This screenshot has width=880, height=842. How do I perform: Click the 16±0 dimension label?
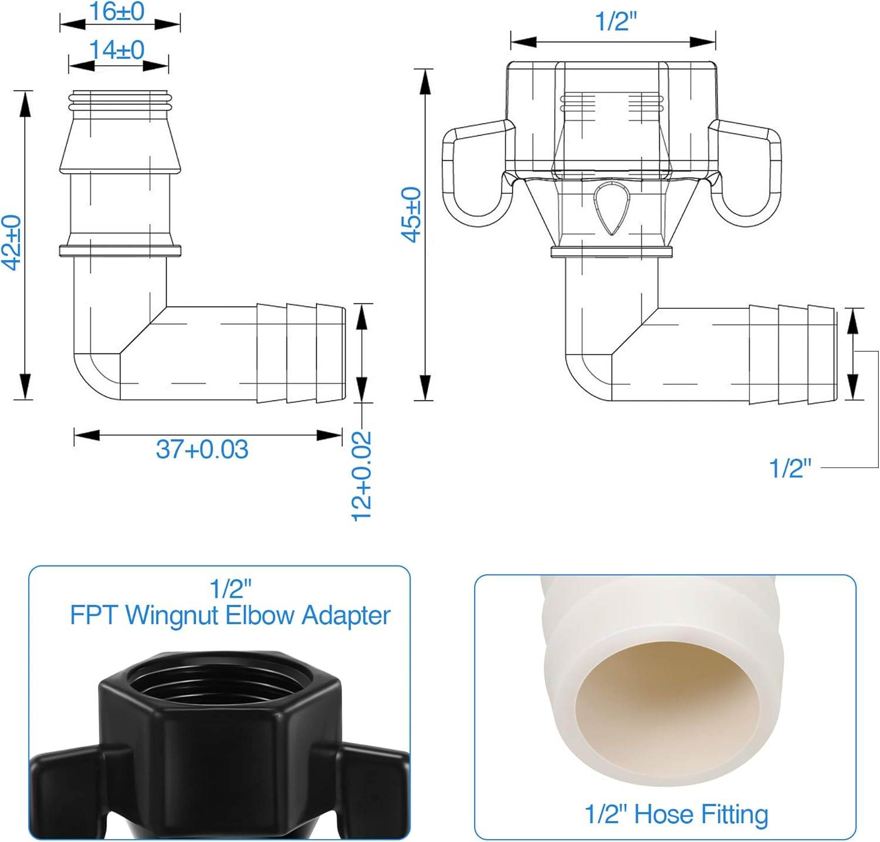pyautogui.click(x=117, y=12)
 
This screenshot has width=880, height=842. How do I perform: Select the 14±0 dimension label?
pyautogui.click(x=117, y=50)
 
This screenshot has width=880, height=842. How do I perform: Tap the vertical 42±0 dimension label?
pyautogui.click(x=12, y=243)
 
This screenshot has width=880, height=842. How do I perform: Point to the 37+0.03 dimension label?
pyautogui.click(x=202, y=449)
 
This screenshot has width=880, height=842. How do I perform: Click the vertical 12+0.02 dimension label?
pyautogui.click(x=361, y=476)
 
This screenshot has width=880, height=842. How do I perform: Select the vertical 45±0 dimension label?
pyautogui.click(x=411, y=214)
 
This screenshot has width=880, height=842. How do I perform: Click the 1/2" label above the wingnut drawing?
pyautogui.click(x=615, y=22)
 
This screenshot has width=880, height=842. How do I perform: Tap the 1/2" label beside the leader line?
pyautogui.click(x=790, y=468)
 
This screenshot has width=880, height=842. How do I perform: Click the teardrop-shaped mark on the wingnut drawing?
pyautogui.click(x=612, y=208)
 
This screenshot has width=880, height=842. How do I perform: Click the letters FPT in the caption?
pyautogui.click(x=94, y=615)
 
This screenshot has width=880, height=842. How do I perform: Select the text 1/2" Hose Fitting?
pyautogui.click(x=676, y=814)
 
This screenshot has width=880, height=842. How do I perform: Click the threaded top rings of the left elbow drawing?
pyautogui.click(x=120, y=100)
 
